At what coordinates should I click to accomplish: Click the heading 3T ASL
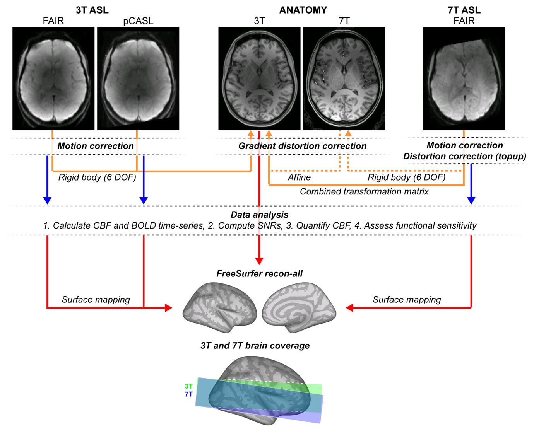pyautogui.click(x=92, y=10)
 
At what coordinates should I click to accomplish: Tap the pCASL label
pyautogui.click(x=138, y=21)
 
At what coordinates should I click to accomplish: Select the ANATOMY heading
pyautogui.click(x=303, y=10)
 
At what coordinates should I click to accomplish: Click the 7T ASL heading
pyautogui.click(x=464, y=10)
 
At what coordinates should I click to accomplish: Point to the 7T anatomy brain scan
pyautogui.click(x=344, y=78)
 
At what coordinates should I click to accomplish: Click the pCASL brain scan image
pyautogui.click(x=138, y=78)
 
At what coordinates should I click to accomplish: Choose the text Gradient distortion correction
pyautogui.click(x=302, y=146)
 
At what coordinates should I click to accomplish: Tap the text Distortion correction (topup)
pyautogui.click(x=464, y=156)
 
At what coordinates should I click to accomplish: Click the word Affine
pyautogui.click(x=299, y=177)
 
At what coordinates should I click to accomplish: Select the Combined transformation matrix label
pyautogui.click(x=364, y=192)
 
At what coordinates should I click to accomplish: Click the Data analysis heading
pyautogui.click(x=259, y=215)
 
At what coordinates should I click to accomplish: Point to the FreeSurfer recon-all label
pyautogui.click(x=259, y=274)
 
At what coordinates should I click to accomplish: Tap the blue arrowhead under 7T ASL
pyautogui.click(x=471, y=200)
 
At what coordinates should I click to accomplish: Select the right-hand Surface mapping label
pyautogui.click(x=407, y=300)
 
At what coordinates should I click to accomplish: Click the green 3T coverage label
pyautogui.click(x=188, y=386)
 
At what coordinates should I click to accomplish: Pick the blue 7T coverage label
pyautogui.click(x=188, y=394)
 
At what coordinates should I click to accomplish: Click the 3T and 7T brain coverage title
pyautogui.click(x=255, y=346)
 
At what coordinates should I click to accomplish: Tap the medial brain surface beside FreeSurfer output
pyautogui.click(x=299, y=307)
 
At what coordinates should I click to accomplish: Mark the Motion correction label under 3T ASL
pyautogui.click(x=96, y=146)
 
